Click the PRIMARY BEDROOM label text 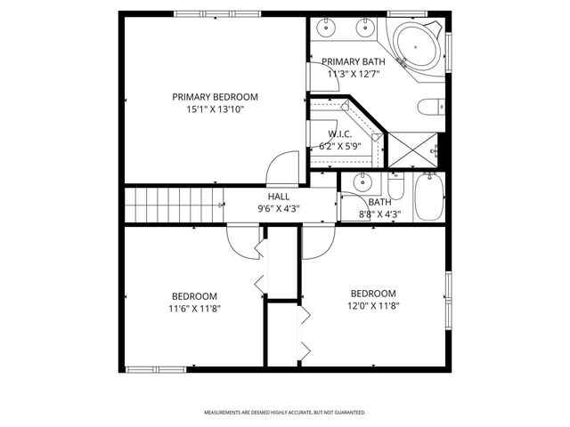coord(215,97)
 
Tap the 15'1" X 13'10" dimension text coord(215,109)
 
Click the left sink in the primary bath coord(328,28)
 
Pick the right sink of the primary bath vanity coord(364,28)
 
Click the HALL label coord(278,197)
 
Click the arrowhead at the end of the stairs coord(221,205)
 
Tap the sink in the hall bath coord(362,184)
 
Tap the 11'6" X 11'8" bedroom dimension coord(194,309)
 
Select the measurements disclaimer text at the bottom coord(284,413)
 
